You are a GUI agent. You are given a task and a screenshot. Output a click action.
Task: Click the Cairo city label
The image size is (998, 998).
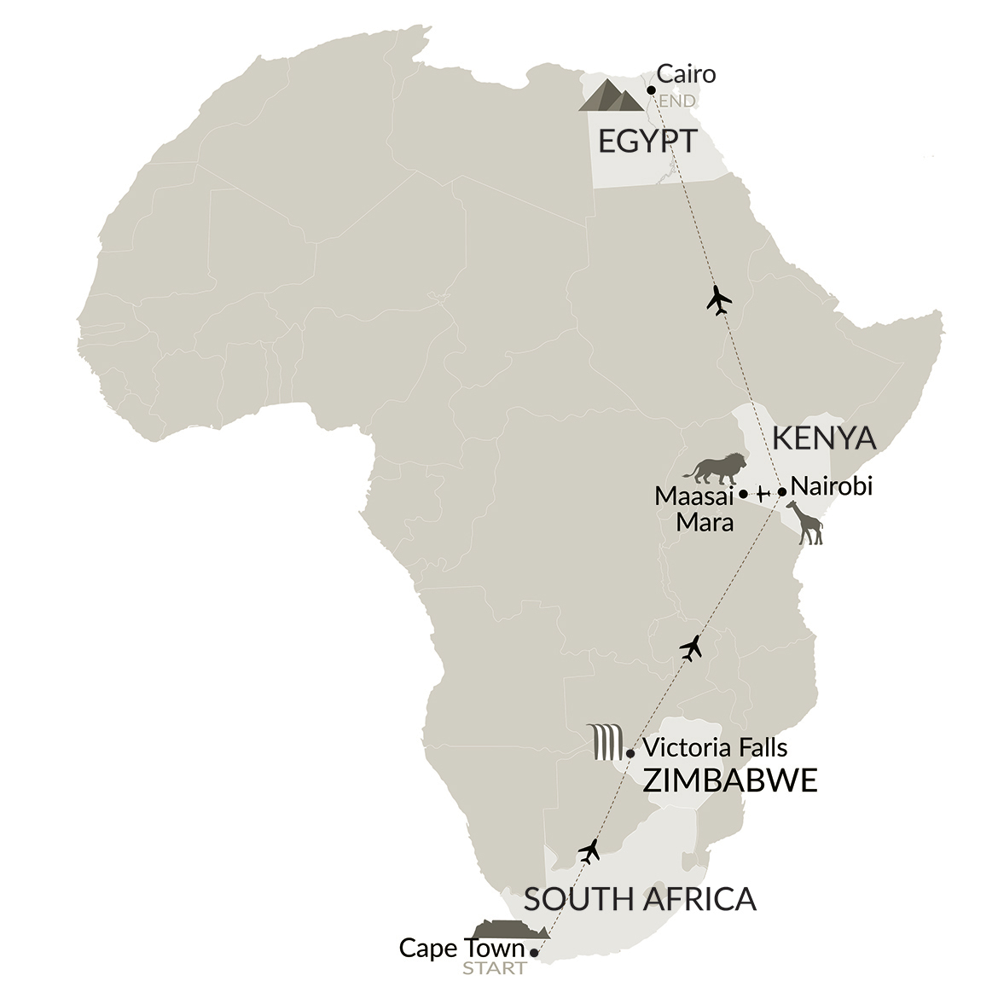pyautogui.click(x=685, y=74)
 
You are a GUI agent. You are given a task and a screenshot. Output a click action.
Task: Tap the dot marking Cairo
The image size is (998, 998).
pyautogui.click(x=651, y=90)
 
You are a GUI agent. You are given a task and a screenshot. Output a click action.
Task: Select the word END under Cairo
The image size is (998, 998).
pyautogui.click(x=676, y=102)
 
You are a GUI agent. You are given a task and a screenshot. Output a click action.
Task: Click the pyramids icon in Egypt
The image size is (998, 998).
pyautogui.click(x=611, y=96)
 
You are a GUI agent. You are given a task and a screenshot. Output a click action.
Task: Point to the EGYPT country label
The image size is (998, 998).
pyautogui.click(x=647, y=142)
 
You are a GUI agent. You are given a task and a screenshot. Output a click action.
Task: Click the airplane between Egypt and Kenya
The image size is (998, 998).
pyautogui.click(x=720, y=300)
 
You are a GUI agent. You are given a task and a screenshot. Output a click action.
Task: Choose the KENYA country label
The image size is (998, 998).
pyautogui.click(x=823, y=438)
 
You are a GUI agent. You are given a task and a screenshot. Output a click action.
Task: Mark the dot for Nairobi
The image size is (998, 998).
pyautogui.click(x=781, y=491)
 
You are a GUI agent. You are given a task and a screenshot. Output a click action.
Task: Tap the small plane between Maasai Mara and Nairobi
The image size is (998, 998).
pyautogui.click(x=763, y=493)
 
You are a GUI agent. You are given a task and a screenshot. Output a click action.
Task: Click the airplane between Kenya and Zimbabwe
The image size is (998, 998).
pyautogui.click(x=692, y=648)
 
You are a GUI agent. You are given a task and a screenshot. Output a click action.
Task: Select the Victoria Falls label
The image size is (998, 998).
pyautogui.click(x=715, y=748)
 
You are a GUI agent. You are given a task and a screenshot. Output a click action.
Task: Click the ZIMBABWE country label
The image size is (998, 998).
pyautogui.click(x=729, y=780)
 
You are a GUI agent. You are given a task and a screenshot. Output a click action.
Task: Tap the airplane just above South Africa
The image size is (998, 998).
pyautogui.click(x=589, y=850)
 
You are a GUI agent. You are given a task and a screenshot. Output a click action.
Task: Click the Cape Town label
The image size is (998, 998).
pyautogui.click(x=461, y=948)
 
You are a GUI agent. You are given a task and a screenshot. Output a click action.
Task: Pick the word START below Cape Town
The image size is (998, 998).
pyautogui.click(x=494, y=968)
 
